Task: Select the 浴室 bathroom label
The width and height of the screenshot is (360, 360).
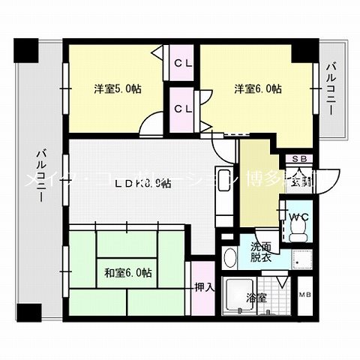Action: click(x=256, y=298)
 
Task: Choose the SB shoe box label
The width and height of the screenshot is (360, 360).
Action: click(x=298, y=159)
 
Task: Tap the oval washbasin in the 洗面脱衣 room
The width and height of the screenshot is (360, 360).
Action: click(x=229, y=259)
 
